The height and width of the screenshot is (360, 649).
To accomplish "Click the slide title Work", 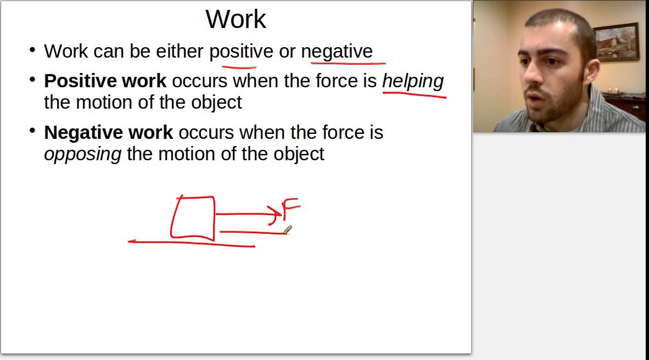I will pos(236,20).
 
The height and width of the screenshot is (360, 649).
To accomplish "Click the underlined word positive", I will pos(241,52).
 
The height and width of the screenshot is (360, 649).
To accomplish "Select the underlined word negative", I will pos(337,52).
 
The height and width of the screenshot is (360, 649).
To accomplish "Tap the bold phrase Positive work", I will pos(105,81).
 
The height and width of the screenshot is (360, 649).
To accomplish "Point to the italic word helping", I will pos(412,81).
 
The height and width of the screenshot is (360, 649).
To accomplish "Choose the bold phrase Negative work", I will pos(108,132).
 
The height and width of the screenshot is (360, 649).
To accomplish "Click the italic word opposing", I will pos(82,154).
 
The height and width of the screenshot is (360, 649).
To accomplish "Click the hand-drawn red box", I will pos(193,218).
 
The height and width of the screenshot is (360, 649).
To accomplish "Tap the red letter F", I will pos(290,210).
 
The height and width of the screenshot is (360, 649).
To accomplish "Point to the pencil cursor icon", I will pos(287,230).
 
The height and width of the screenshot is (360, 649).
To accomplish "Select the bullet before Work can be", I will pos(32,50).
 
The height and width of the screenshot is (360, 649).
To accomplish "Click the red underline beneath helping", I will pos(414,95).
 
